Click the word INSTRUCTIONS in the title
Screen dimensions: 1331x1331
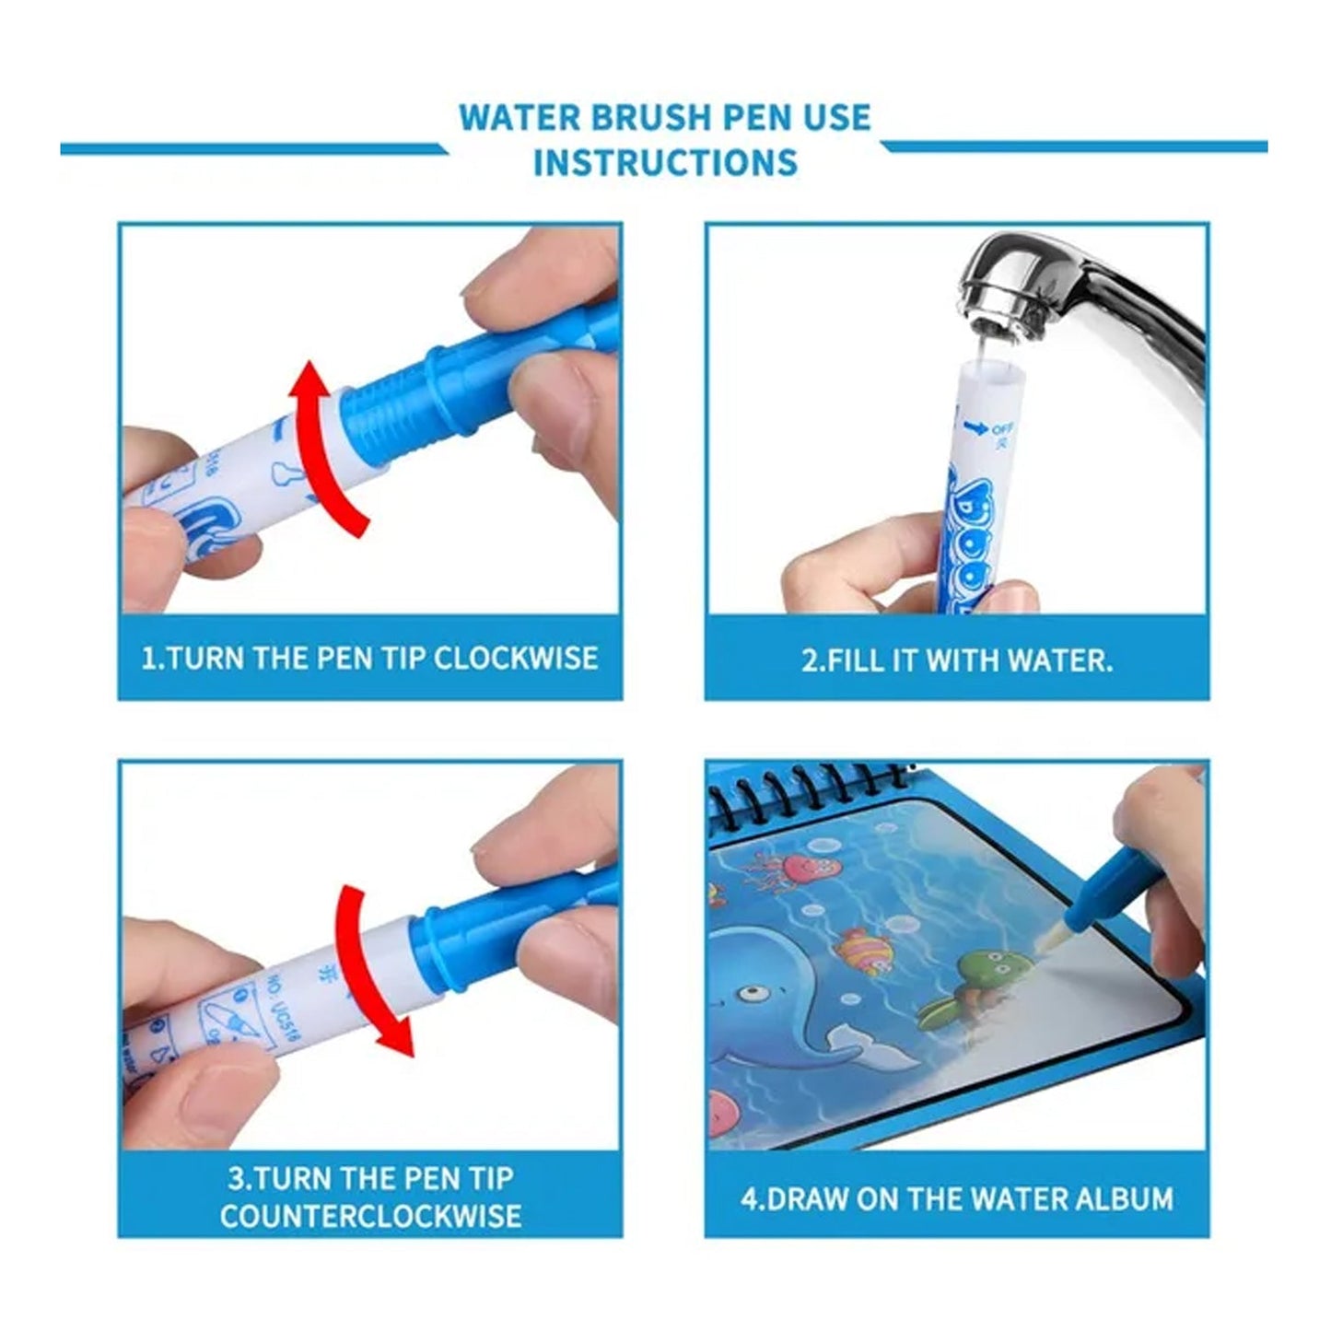pyautogui.click(x=665, y=162)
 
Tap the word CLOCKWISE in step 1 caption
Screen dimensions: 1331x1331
pyautogui.click(x=516, y=659)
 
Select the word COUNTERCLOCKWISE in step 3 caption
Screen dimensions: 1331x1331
pyautogui.click(x=370, y=1216)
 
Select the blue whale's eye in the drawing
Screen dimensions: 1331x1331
pyautogui.click(x=753, y=995)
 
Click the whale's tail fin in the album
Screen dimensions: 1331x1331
pyautogui.click(x=852, y=1041)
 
